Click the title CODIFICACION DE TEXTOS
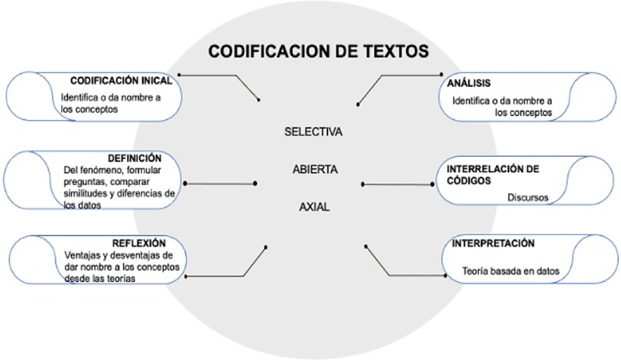coord(318,52)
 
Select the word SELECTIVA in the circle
coord(313,132)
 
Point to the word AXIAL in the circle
coord(314,207)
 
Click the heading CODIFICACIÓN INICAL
coord(121,81)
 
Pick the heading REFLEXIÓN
coord(139,243)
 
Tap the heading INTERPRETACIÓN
coord(493,244)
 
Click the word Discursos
coord(528,197)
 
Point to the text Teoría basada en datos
coord(510,271)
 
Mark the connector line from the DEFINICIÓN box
coord(220,183)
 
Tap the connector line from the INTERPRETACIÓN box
coord(411,275)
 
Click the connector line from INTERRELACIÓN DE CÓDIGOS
coord(397,184)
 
